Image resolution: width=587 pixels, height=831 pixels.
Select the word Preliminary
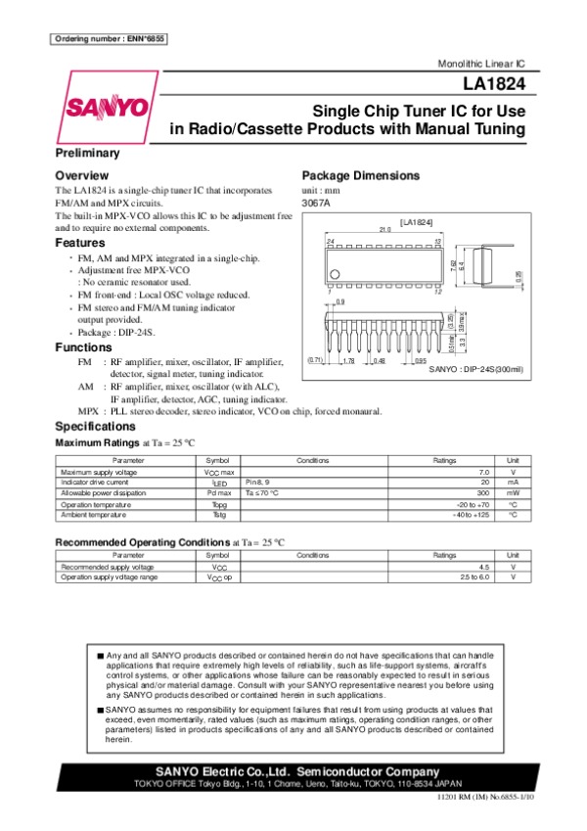pos(87,154)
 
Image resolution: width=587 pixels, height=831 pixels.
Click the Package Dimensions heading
pos(361,176)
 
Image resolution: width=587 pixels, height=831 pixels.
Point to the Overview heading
pos(81,175)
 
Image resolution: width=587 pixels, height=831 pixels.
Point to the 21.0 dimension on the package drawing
pos(372,230)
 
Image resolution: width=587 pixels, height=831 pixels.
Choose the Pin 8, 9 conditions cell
pos(260,483)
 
